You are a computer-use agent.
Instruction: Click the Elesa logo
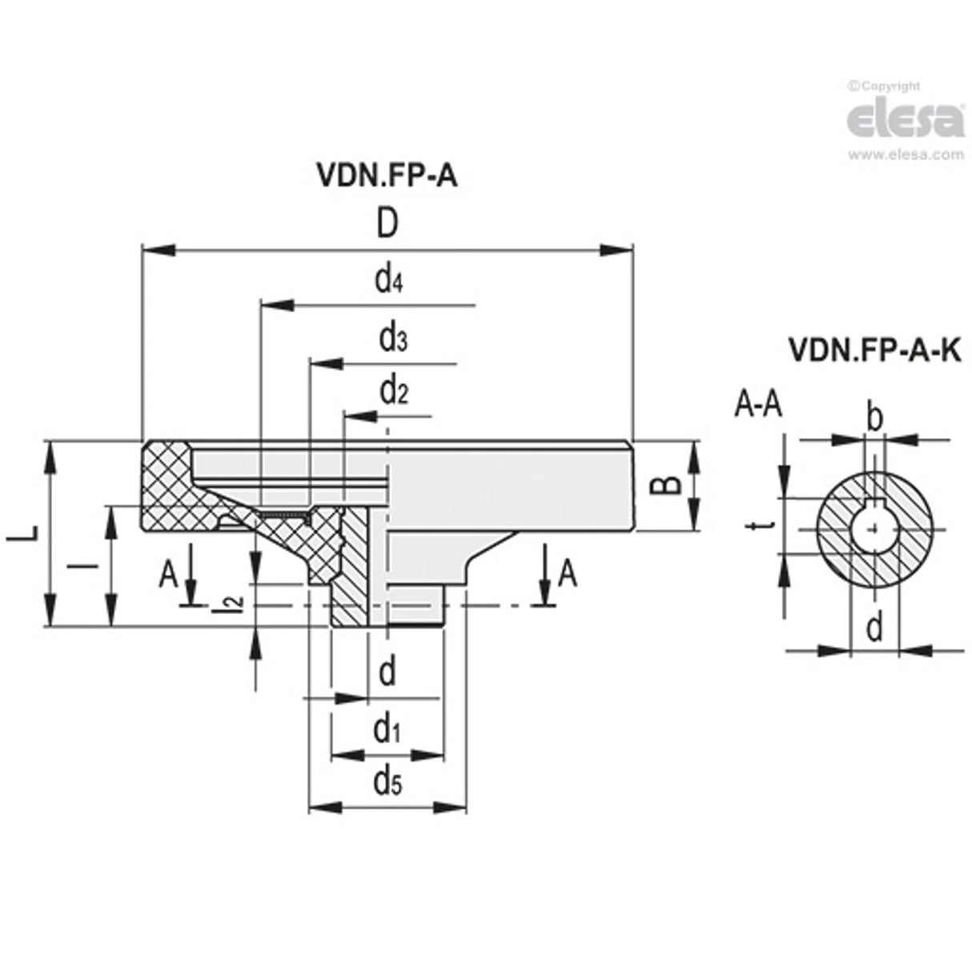click(x=905, y=120)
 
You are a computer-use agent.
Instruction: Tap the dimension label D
click(x=387, y=225)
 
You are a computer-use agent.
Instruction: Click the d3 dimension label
click(x=392, y=339)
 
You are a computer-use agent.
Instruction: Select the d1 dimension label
click(x=387, y=729)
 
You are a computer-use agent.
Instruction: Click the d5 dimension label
click(x=388, y=781)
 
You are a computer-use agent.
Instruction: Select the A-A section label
click(x=757, y=406)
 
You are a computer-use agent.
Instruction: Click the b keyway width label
click(x=875, y=417)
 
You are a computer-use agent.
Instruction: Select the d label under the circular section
click(x=874, y=629)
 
